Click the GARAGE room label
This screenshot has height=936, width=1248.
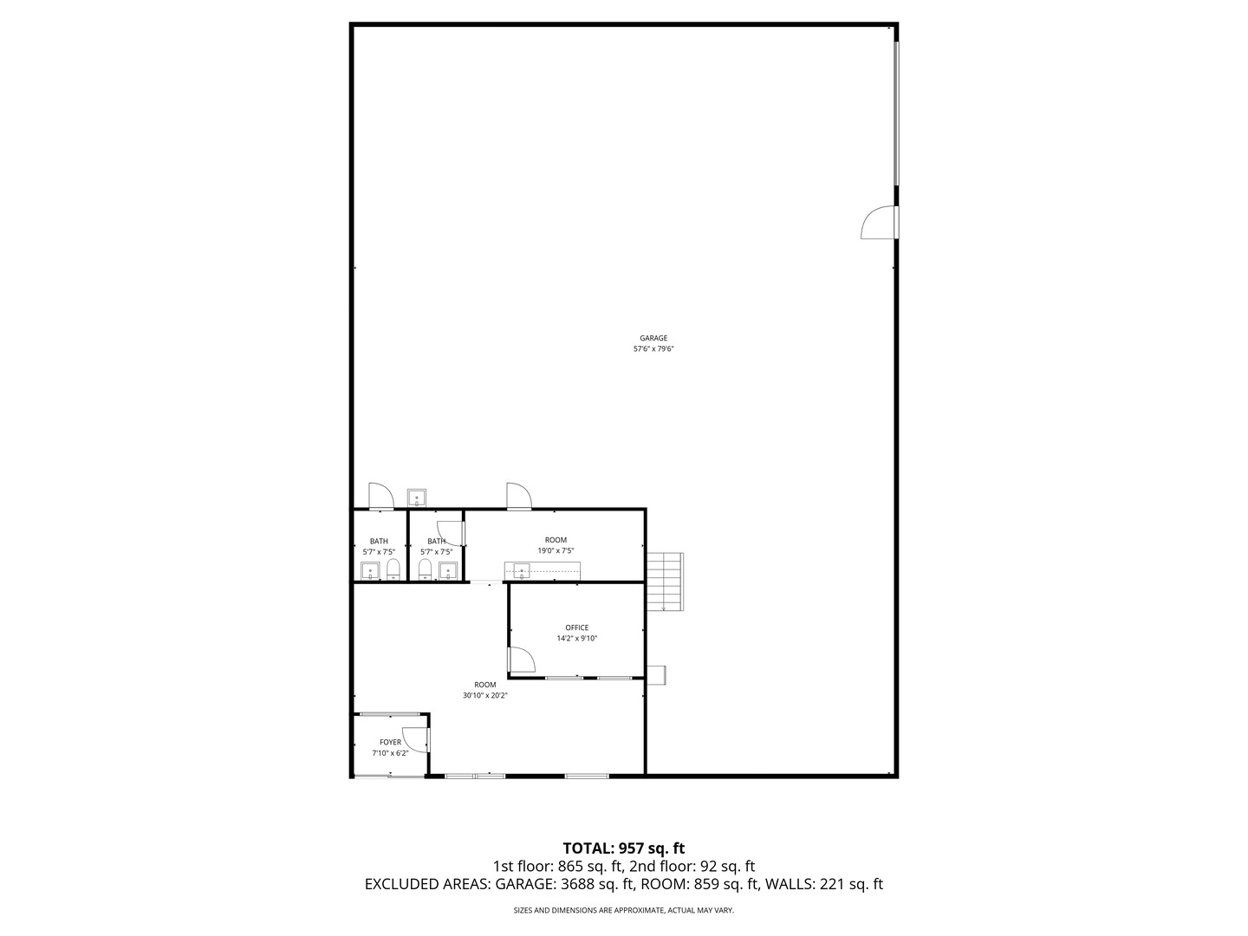click(653, 338)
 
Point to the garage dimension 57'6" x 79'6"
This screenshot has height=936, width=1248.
click(653, 349)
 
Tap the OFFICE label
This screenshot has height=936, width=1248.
click(577, 627)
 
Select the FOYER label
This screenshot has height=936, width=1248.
click(391, 742)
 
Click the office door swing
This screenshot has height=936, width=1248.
click(521, 661)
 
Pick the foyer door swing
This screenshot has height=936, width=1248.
click(417, 739)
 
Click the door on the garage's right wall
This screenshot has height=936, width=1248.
click(879, 223)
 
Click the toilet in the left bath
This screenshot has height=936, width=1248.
click(393, 569)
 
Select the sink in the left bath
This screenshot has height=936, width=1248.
click(370, 571)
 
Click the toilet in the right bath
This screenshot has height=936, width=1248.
click(426, 569)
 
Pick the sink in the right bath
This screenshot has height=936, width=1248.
click(447, 570)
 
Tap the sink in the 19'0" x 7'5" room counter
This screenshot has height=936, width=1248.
click(522, 569)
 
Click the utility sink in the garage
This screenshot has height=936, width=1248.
click(417, 498)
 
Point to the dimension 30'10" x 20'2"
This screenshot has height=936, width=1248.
click(484, 695)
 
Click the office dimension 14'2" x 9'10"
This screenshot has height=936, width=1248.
click(577, 639)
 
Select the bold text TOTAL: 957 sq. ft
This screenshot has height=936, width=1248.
click(624, 848)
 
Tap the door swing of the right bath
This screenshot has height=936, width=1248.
click(451, 532)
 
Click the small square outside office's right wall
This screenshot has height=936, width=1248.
click(656, 674)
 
